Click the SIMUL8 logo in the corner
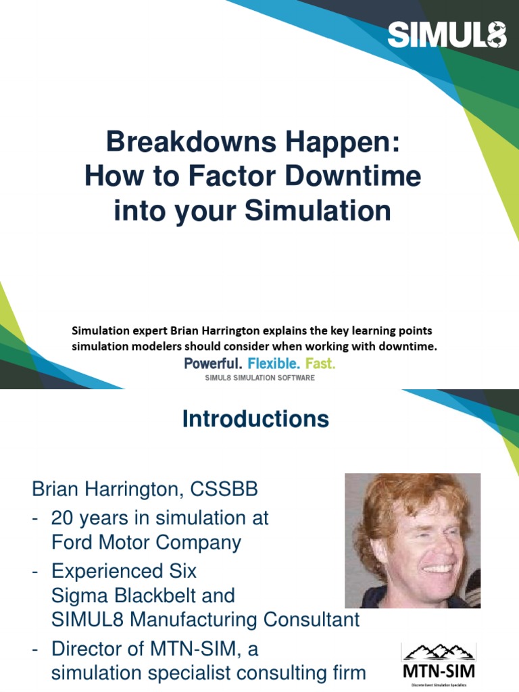pyautogui.click(x=447, y=34)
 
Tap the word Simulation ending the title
pyautogui.click(x=318, y=210)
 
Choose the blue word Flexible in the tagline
pyautogui.click(x=274, y=364)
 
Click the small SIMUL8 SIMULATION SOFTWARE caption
pyautogui.click(x=259, y=378)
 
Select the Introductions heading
pyautogui.click(x=255, y=420)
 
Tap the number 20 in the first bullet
pyautogui.click(x=63, y=518)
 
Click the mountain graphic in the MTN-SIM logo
pyautogui.click(x=437, y=651)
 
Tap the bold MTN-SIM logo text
pyautogui.click(x=438, y=671)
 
